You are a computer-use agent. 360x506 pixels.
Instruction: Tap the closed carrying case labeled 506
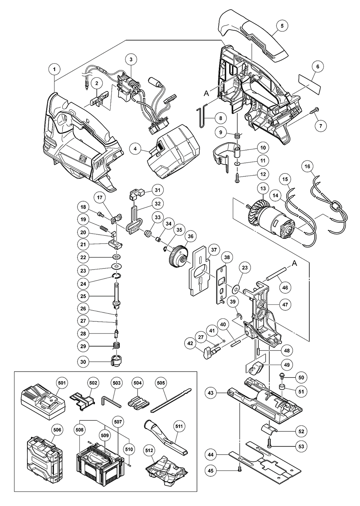(43, 455)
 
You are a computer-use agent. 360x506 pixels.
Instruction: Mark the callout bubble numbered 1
(54, 68)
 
